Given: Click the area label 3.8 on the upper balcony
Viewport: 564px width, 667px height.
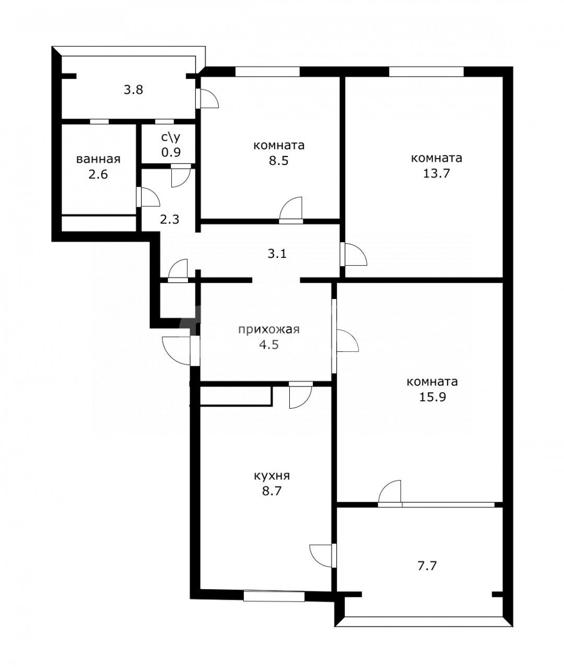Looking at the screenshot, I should point(133,90).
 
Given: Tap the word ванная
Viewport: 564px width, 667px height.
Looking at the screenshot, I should point(98,159).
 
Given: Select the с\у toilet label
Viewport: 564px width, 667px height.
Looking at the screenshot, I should point(171,138).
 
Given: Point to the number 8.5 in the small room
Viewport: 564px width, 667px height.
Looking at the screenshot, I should point(278,160).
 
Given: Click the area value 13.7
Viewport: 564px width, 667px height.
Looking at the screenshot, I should point(436,173).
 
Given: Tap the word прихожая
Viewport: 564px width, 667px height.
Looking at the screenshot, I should point(268,329).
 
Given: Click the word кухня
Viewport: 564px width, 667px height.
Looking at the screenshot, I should point(272,476).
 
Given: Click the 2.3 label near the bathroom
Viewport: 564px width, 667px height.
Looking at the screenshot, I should point(169,220).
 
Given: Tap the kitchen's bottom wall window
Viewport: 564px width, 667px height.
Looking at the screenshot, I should point(274,595).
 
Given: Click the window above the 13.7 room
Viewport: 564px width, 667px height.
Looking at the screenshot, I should point(426,72).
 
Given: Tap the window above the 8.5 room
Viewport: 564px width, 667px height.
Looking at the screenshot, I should point(267,72).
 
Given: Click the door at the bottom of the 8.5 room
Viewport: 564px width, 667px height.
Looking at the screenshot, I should point(291,211).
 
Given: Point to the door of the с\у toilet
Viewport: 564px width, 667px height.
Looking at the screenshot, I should point(181,175).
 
